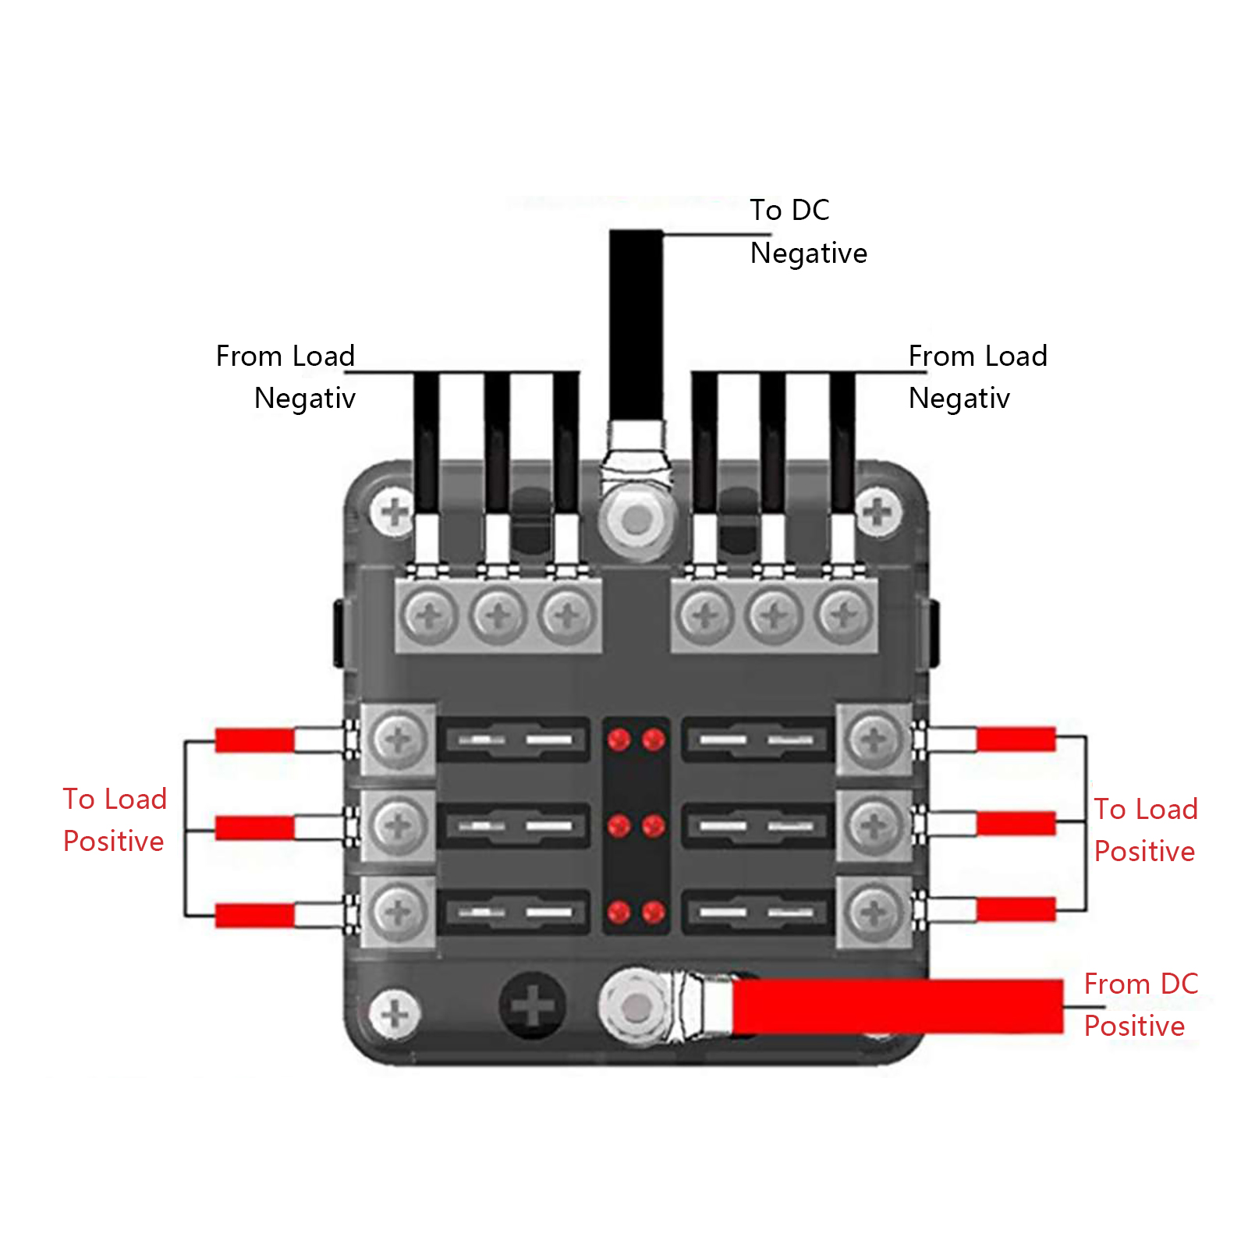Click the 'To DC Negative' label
pyautogui.click(x=808, y=232)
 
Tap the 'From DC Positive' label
pyautogui.click(x=1140, y=1005)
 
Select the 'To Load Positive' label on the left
pyautogui.click(x=115, y=820)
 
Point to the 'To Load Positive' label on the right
pyautogui.click(x=1144, y=830)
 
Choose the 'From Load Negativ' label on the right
pyautogui.click(x=977, y=377)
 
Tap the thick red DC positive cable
pyautogui.click(x=897, y=1006)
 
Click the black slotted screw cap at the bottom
pyautogui.click(x=533, y=1005)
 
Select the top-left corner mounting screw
pyautogui.click(x=394, y=512)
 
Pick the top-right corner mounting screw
pyautogui.click(x=878, y=512)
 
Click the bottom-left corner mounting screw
pyautogui.click(x=395, y=1013)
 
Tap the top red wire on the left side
pyautogui.click(x=254, y=739)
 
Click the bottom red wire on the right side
pyautogui.click(x=1016, y=909)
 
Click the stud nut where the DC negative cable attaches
pyautogui.click(x=636, y=519)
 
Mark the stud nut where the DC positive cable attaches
pyautogui.click(x=636, y=1008)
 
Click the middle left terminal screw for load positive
pyautogui.click(x=398, y=825)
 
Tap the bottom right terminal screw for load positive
pyautogui.click(x=874, y=910)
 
